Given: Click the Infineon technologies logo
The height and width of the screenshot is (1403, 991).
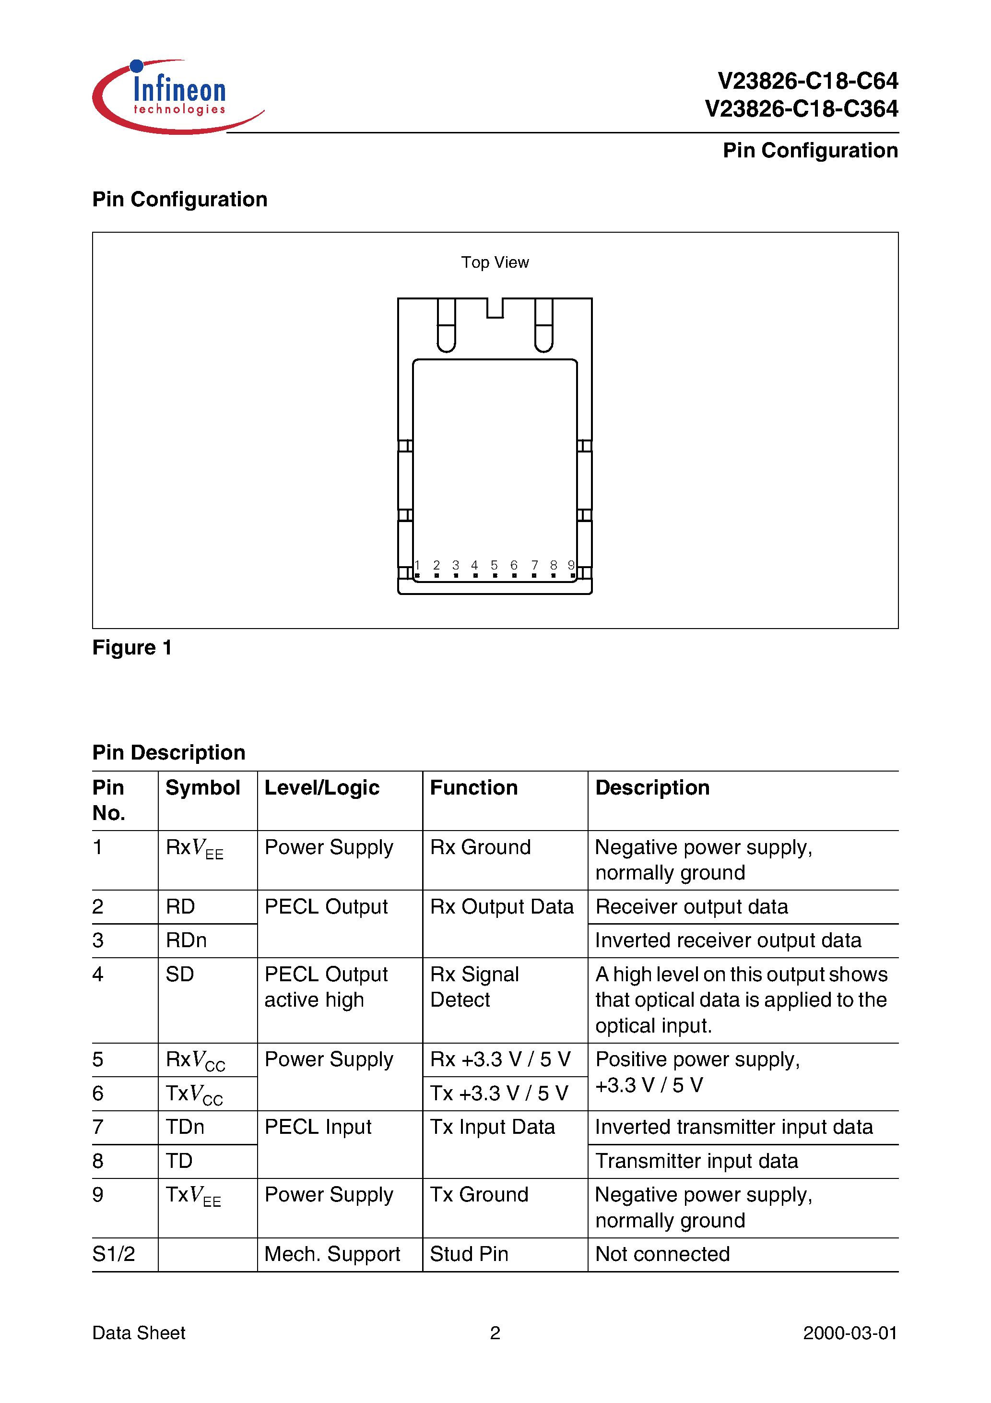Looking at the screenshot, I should click(177, 96).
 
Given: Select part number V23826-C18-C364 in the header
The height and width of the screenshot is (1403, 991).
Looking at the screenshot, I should click(801, 109).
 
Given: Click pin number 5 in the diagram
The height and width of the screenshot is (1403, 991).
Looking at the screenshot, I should click(494, 566).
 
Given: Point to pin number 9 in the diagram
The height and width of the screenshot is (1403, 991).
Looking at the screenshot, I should click(571, 566).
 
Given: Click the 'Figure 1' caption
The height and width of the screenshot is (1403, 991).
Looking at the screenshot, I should click(132, 647).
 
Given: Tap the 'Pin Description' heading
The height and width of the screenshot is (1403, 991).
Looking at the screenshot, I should click(169, 752).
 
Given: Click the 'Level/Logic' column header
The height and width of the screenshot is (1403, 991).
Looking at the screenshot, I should click(321, 788).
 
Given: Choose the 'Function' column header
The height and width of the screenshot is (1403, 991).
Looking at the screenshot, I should click(473, 788).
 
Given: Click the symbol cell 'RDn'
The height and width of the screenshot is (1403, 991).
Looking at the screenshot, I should click(186, 940).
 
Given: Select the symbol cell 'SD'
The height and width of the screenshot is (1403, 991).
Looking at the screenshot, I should click(179, 974).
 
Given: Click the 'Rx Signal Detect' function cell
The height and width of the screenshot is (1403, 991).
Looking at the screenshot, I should click(474, 987).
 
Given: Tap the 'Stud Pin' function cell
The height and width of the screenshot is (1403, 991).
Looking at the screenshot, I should click(469, 1254).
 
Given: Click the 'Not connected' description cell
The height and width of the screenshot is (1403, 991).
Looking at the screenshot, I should click(662, 1254).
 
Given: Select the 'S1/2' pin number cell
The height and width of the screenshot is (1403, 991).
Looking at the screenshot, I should click(114, 1254).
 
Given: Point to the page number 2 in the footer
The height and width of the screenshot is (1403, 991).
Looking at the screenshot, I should click(495, 1333).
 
